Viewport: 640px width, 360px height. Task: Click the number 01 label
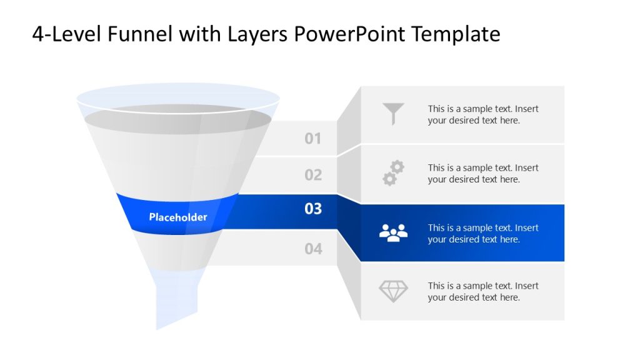[x=313, y=139]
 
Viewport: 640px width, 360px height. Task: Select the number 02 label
[x=313, y=175]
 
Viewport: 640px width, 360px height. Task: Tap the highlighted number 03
[x=313, y=209]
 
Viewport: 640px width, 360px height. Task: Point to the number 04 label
[x=313, y=249]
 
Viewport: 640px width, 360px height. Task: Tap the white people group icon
[x=394, y=232]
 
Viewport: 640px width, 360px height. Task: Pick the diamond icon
[x=394, y=291]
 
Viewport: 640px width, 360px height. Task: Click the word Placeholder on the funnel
[x=178, y=217]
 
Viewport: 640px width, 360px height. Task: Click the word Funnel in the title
[x=141, y=34]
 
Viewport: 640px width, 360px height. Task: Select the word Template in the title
[x=456, y=34]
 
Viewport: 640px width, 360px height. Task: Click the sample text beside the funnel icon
[x=482, y=114]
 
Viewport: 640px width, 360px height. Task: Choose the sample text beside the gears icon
[x=482, y=173]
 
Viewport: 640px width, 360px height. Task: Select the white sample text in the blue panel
[x=482, y=233]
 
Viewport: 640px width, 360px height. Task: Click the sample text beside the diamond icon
[x=482, y=291]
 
